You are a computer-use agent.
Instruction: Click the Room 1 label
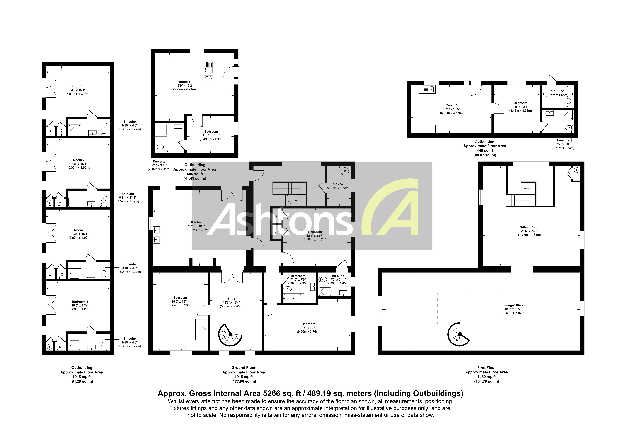77,86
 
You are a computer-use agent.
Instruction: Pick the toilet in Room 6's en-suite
159,147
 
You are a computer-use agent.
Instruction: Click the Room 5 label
451,105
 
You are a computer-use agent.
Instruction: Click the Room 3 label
80,230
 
